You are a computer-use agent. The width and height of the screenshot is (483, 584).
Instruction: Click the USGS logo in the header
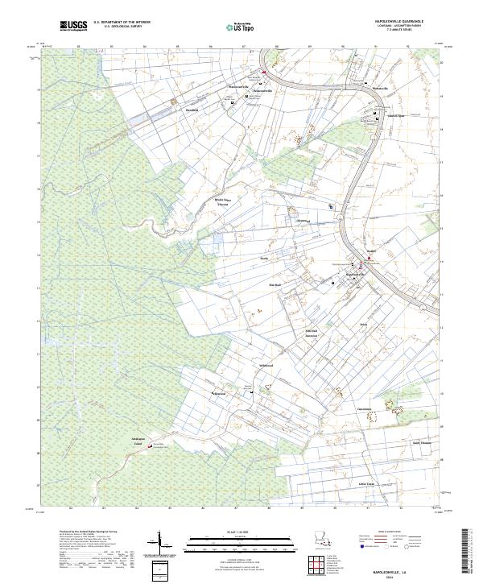point(73,26)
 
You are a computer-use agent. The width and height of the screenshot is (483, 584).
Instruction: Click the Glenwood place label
point(303,219)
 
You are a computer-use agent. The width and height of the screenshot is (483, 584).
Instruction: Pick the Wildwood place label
point(266,366)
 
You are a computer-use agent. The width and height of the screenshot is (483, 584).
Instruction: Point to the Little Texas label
point(367,483)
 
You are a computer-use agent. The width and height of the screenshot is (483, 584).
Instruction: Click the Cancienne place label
point(364,409)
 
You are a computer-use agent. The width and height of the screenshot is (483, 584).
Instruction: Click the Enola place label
point(262,259)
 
